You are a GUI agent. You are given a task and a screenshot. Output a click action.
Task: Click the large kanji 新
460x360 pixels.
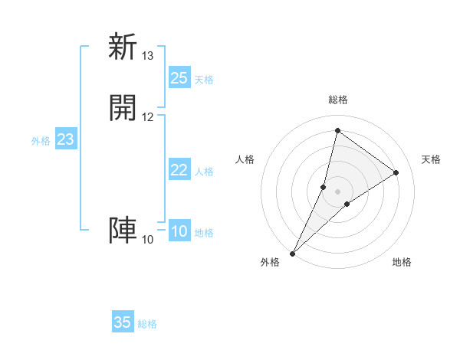point(123,47)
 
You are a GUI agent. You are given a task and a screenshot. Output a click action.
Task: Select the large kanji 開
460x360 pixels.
point(123,108)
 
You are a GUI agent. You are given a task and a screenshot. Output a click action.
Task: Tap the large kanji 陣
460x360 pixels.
point(123,230)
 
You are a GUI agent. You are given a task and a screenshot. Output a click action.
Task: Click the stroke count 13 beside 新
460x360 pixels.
point(148,56)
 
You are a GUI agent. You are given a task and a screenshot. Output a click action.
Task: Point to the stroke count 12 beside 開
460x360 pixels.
point(148,117)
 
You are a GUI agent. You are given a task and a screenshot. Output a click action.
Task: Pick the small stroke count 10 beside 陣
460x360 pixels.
point(148,240)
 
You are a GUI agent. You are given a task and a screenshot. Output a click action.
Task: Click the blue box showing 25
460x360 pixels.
point(179,78)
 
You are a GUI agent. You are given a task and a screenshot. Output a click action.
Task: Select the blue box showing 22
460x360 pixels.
point(179,170)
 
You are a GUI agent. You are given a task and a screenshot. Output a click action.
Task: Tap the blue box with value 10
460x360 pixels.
point(179,231)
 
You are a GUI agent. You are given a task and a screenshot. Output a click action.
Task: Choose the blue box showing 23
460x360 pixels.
point(65,139)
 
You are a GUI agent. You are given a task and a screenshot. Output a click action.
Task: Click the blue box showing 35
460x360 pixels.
point(123,322)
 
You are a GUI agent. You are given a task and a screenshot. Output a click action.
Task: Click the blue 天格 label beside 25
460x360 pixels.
point(204,80)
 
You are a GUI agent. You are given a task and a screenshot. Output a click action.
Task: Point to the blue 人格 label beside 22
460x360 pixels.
point(204,172)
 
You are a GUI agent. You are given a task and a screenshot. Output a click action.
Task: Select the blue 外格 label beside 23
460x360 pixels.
point(41,141)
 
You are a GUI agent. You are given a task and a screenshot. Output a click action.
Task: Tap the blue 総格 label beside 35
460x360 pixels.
point(147,324)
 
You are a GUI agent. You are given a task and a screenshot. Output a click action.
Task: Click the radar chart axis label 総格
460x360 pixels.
point(337,100)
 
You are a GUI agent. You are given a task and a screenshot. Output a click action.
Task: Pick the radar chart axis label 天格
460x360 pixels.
point(431,159)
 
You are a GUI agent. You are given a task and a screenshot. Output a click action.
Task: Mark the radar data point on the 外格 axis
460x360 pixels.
point(292,253)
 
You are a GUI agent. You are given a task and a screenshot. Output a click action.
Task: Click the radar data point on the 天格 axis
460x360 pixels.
point(396,172)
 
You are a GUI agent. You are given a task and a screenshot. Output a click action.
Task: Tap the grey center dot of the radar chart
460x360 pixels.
point(337,191)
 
